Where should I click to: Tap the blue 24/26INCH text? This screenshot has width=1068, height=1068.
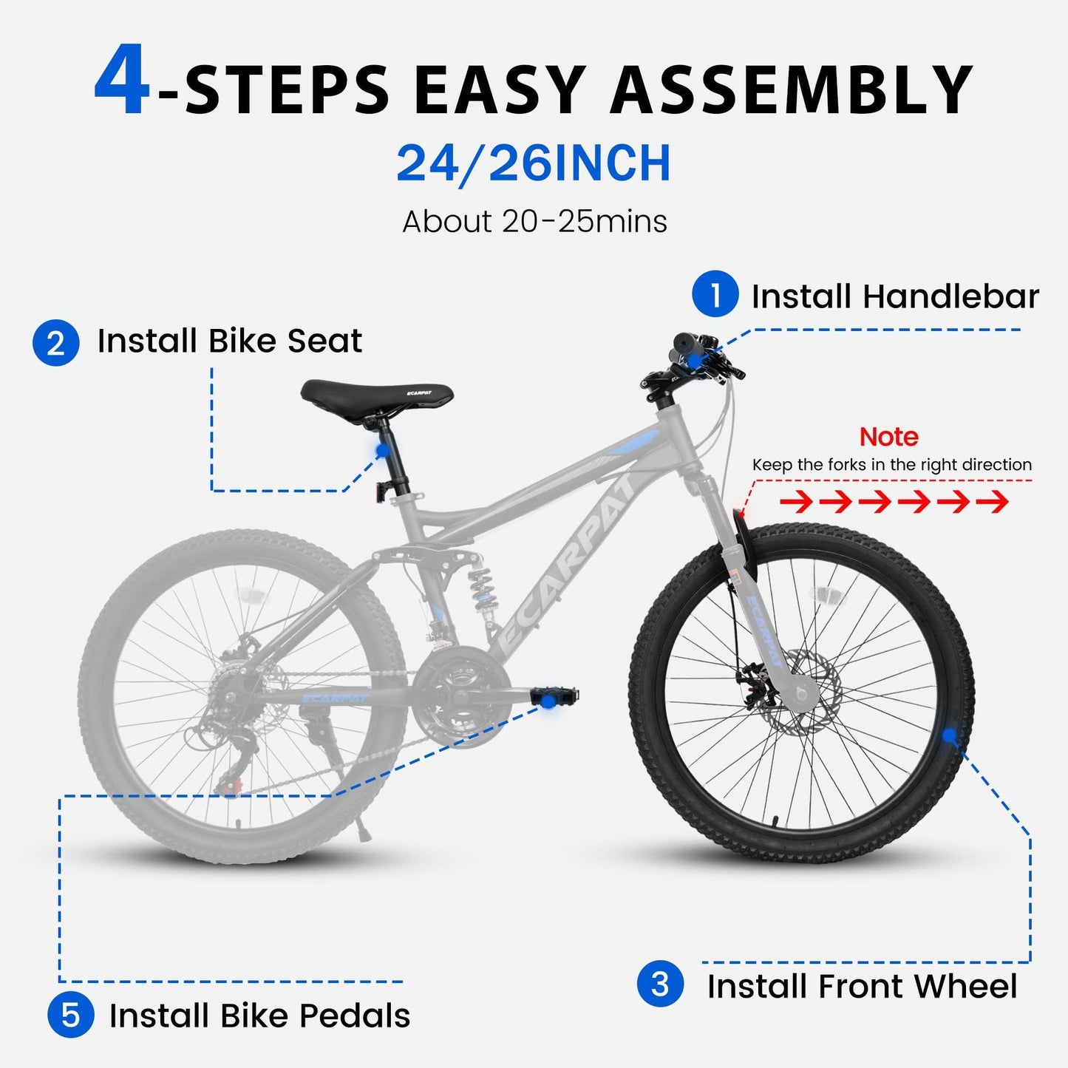tap(534, 163)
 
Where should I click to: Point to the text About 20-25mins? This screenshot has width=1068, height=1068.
tap(534, 221)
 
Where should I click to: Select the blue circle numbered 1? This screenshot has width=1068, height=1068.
tap(715, 294)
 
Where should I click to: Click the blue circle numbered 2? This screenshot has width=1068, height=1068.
tap(55, 343)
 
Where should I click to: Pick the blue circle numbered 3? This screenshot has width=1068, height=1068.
tap(660, 984)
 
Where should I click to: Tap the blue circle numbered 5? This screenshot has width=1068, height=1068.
tap(70, 1015)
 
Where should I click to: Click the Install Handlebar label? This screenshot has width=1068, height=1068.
tap(895, 296)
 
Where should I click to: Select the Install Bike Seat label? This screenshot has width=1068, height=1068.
tap(230, 341)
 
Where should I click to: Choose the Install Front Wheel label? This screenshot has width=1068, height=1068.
tap(862, 987)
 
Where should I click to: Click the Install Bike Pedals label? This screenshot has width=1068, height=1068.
tap(259, 1016)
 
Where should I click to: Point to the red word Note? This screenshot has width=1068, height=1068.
tap(888, 437)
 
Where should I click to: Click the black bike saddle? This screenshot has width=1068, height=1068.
tap(376, 394)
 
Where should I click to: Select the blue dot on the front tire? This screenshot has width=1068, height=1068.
tap(949, 735)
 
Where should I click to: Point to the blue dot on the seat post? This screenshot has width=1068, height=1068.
tap(382, 450)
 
